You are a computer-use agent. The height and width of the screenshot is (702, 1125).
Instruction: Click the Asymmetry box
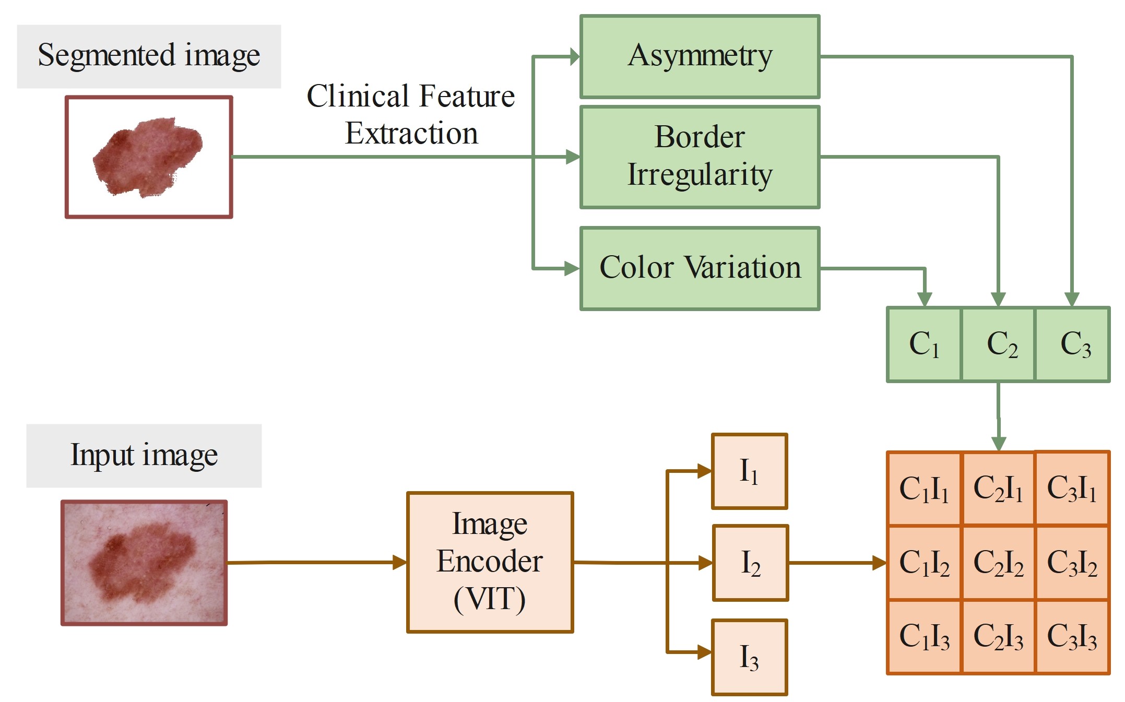coord(700,56)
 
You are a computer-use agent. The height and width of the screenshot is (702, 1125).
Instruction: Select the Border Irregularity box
coord(700,157)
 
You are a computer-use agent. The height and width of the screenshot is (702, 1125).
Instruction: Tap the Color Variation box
coord(700,268)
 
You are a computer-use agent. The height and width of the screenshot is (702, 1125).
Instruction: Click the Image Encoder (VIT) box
coord(490,562)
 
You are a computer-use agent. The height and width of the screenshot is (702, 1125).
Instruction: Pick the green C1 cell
coord(924,344)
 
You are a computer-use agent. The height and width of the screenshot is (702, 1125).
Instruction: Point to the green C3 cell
coord(1073,344)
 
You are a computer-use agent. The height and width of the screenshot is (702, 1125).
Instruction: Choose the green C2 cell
coord(998,344)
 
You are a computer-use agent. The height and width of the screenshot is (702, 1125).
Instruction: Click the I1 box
coord(749,471)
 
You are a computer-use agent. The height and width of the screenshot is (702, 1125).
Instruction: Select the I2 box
coord(750,563)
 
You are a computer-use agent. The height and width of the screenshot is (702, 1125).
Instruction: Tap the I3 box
coord(749,657)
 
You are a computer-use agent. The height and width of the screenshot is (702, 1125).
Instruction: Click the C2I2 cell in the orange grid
coord(998,563)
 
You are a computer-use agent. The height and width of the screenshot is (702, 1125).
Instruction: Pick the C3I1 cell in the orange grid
coord(1072,488)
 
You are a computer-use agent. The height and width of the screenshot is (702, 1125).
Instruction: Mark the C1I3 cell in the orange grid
coord(924,637)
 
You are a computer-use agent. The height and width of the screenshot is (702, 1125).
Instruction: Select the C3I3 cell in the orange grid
coord(1072,637)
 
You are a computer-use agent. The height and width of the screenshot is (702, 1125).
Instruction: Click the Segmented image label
coord(149,56)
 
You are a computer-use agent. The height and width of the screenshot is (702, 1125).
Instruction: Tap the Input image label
coord(144,455)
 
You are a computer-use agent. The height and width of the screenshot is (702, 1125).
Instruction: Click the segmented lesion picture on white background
coord(149,157)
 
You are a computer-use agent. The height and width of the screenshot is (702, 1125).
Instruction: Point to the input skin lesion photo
coord(144,563)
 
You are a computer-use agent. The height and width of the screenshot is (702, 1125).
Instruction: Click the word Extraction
coord(411,134)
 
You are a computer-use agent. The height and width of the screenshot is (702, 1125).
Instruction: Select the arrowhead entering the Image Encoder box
coord(400,562)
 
